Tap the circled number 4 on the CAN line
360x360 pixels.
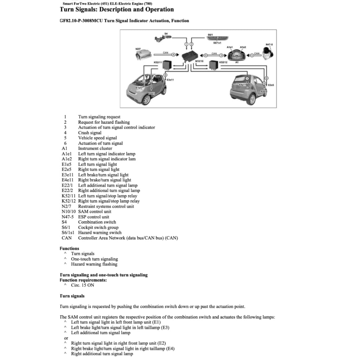point(173,54)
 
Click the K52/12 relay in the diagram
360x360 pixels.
point(213,65)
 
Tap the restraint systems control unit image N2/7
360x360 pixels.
point(143,56)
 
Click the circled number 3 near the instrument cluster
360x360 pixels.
point(221,55)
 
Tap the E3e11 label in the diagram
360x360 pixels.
point(171,80)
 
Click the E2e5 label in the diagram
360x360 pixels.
point(271,85)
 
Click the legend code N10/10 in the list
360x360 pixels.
point(69,212)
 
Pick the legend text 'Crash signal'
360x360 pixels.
point(90,133)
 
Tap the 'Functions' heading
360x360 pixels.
point(70,248)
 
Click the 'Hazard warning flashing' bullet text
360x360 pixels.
point(94,264)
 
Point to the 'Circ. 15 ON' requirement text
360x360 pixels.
point(83,285)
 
